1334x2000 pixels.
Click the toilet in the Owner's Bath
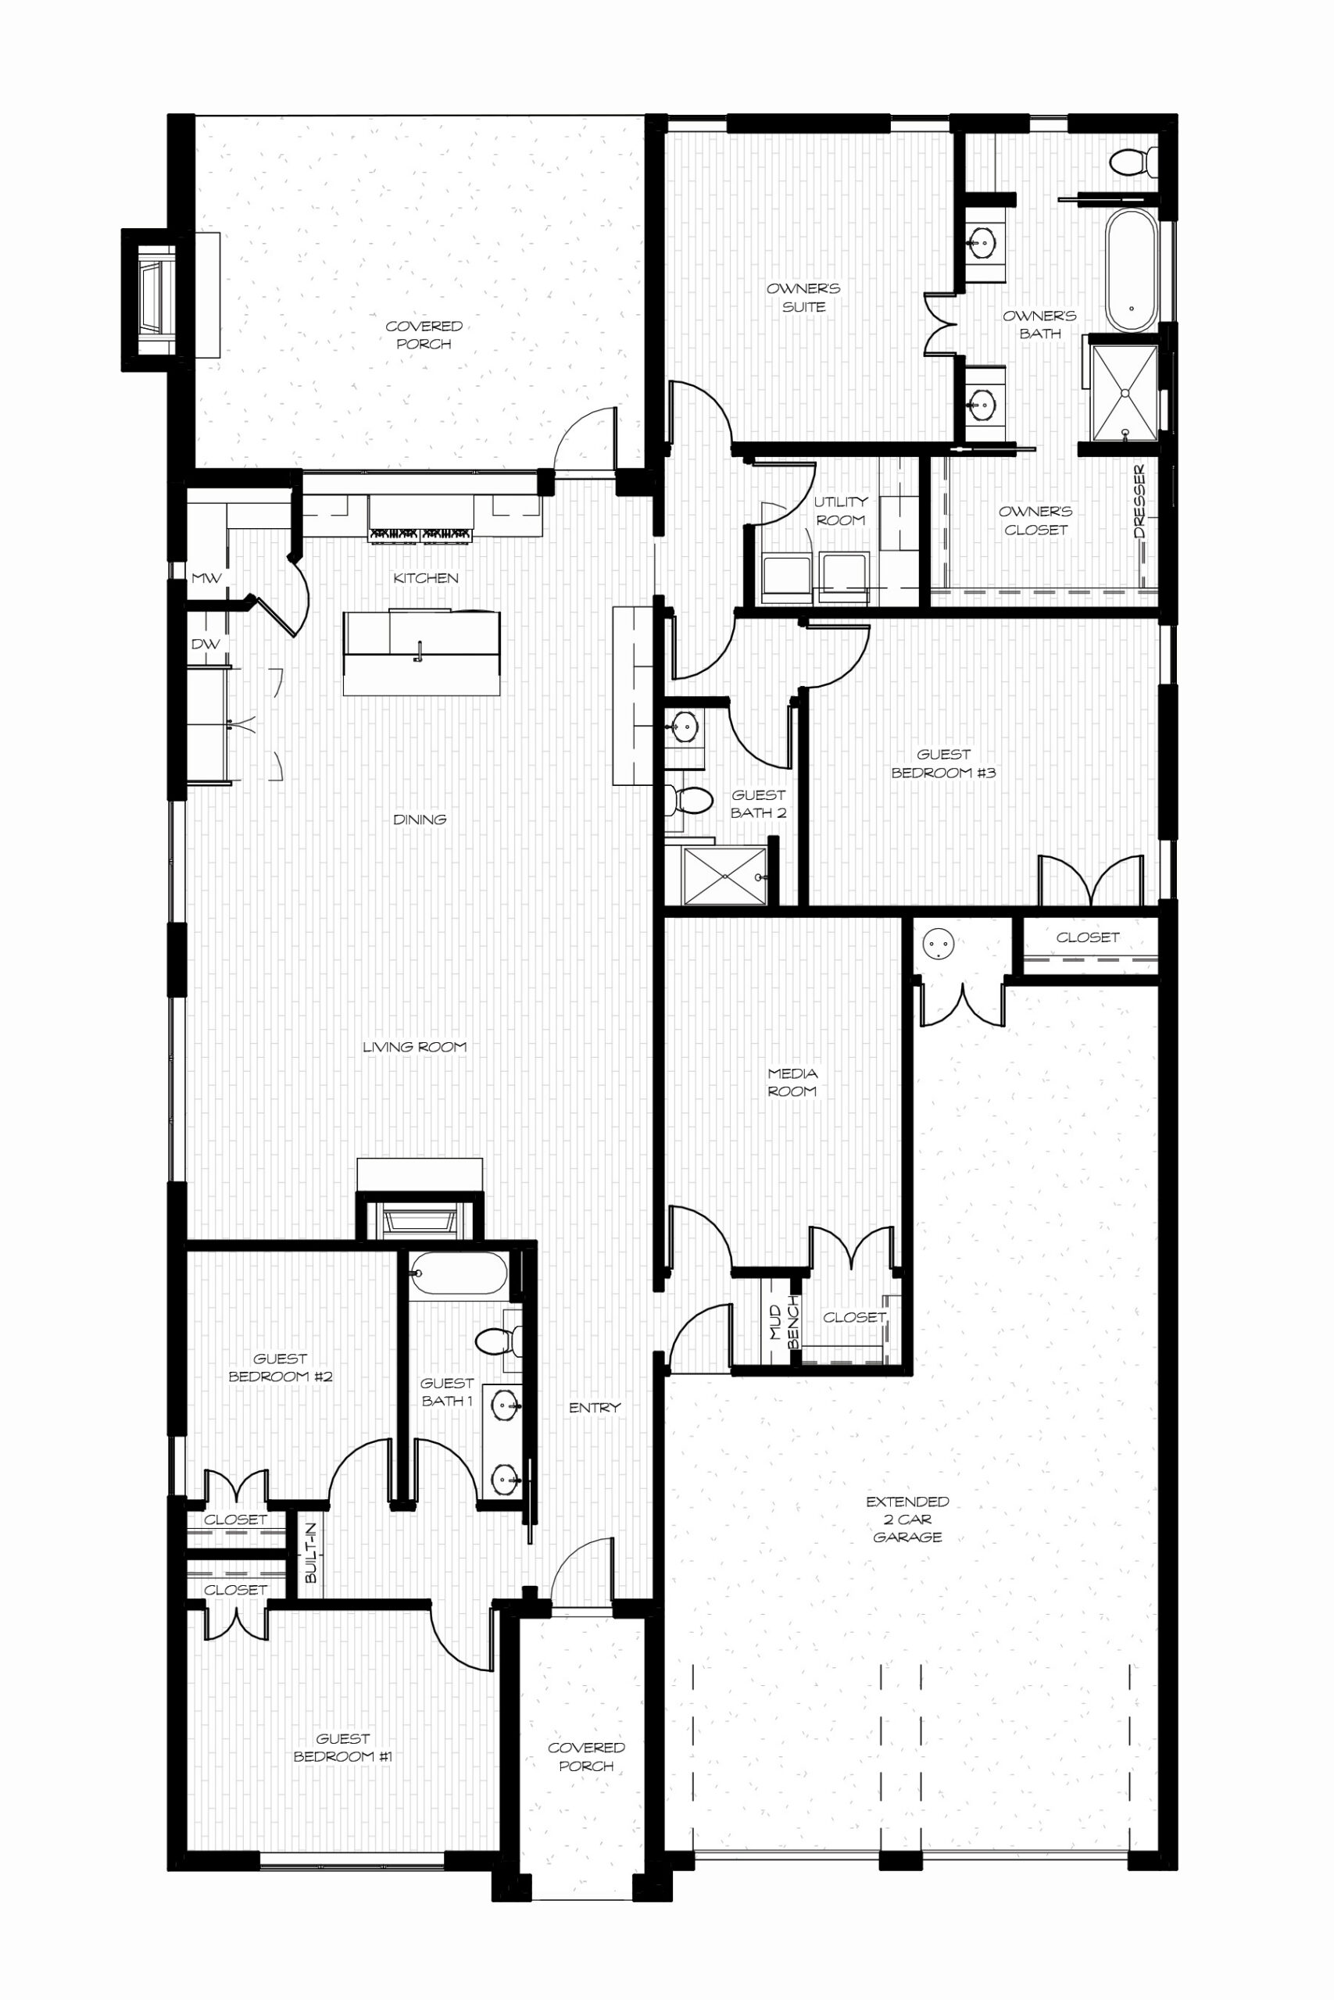pos(1135,162)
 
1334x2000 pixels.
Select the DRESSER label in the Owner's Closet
pos(1140,501)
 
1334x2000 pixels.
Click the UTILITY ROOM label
pos(841,511)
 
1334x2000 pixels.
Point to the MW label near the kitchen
pos(206,578)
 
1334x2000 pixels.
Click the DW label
pos(205,644)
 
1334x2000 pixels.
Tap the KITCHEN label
pos(425,578)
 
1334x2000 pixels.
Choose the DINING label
pos(420,820)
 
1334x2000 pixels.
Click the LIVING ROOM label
pos(414,1047)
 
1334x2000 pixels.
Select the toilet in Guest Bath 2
pos(688,800)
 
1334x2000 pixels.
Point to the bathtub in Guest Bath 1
pos(458,1273)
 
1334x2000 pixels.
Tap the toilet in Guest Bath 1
pos(497,1342)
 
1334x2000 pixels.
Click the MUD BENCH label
pos(785,1323)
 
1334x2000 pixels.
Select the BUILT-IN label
pos(310,1552)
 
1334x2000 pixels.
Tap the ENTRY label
pos(595,1407)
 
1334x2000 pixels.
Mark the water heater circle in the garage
pos(938,943)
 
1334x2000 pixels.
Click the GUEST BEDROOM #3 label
pos(943,763)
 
